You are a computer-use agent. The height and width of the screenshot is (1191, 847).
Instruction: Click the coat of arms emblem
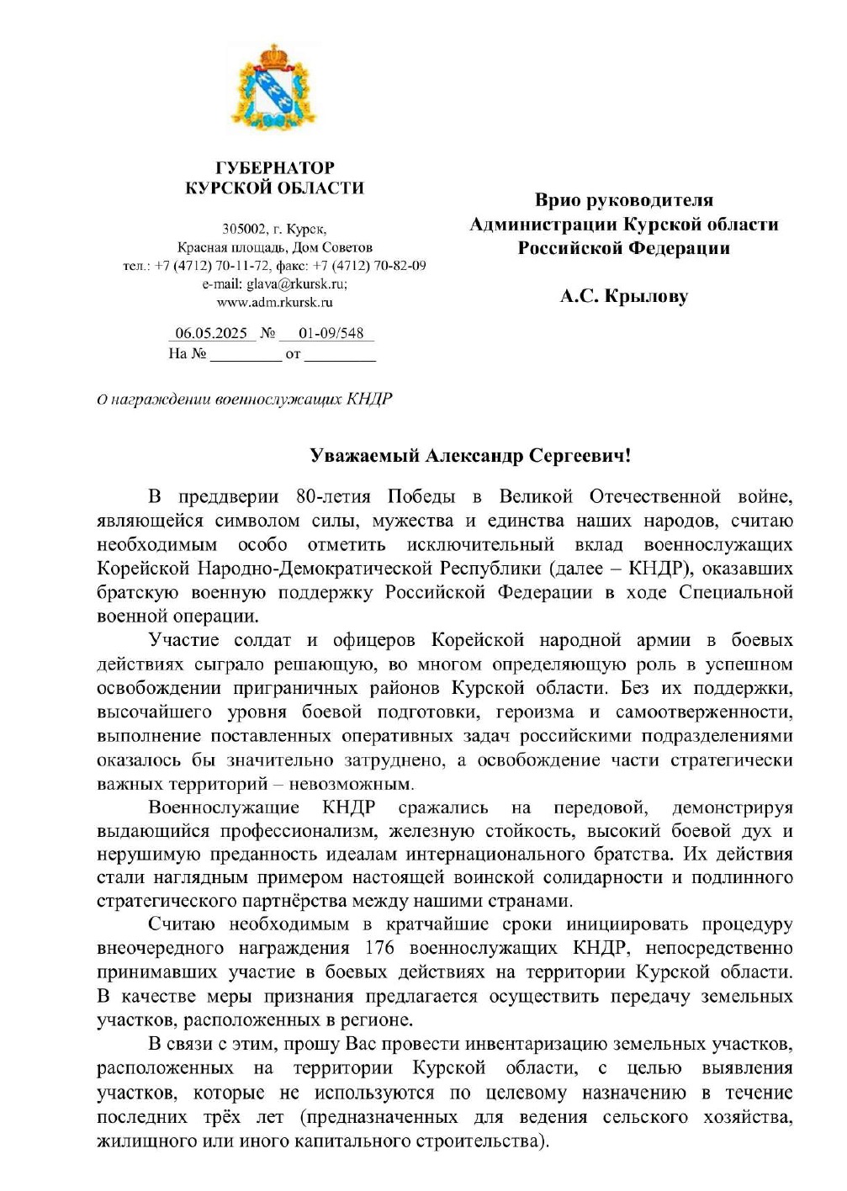273,87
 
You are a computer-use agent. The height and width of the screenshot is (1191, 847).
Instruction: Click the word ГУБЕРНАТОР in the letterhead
275,167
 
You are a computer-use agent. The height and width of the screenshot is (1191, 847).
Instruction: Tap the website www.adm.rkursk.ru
275,302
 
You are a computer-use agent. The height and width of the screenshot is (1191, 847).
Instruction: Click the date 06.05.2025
211,333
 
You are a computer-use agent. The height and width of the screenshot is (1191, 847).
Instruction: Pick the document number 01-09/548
331,333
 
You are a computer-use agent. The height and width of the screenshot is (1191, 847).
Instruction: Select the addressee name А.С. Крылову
624,296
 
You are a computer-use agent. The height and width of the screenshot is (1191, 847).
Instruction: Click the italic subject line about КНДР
245,399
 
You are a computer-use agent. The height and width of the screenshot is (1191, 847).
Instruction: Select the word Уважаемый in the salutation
364,456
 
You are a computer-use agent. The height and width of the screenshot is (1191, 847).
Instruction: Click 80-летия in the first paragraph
333,496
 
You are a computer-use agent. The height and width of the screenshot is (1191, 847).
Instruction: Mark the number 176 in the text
379,948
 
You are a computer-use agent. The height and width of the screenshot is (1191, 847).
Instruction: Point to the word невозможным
352,785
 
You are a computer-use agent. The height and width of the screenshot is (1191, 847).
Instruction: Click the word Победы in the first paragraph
421,496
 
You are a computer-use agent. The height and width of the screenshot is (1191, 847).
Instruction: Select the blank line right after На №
245,355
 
